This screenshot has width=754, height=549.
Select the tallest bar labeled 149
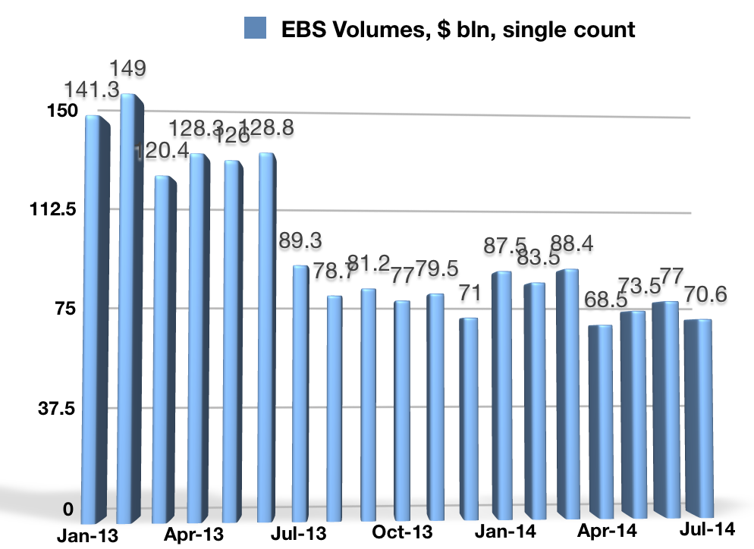coord(130,303)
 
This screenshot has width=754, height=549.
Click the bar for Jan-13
coord(95,318)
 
